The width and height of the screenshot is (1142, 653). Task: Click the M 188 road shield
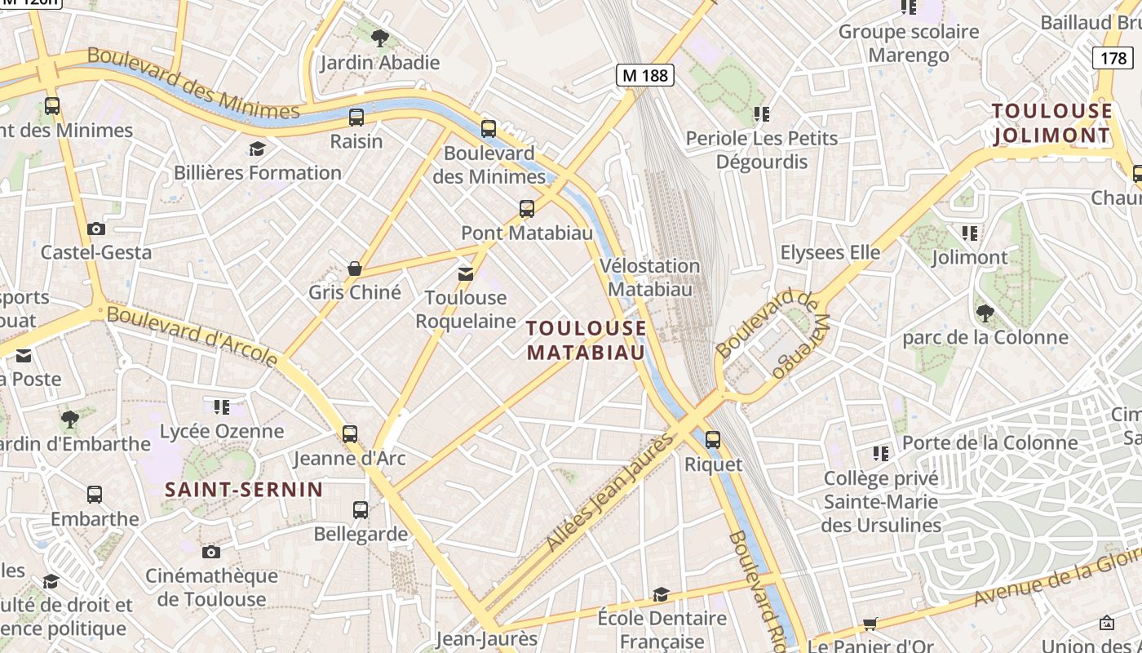[644, 76]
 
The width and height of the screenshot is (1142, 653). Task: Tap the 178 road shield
[1113, 58]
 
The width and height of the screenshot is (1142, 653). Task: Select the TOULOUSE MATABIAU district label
[586, 340]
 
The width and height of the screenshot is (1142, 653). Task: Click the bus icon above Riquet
[713, 440]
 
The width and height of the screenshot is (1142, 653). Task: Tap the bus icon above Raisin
[356, 118]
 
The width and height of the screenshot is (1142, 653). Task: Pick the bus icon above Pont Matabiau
[527, 209]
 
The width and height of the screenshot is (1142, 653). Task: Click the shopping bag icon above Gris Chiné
[355, 269]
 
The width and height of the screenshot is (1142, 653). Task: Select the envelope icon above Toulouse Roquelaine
[466, 274]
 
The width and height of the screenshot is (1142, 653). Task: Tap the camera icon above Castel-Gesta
[96, 229]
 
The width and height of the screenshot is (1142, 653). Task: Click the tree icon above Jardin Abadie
[379, 38]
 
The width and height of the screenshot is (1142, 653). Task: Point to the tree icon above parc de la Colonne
[985, 313]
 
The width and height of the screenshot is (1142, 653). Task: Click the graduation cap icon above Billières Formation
[258, 149]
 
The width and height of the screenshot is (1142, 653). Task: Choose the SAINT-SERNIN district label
[244, 490]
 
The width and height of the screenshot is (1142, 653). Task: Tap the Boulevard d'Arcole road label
[192, 335]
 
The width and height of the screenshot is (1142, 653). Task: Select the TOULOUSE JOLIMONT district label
[1051, 122]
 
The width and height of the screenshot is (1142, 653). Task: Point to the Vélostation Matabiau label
[649, 278]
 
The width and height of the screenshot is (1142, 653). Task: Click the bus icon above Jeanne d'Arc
[350, 434]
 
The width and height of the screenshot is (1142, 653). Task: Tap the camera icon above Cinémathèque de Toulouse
[211, 553]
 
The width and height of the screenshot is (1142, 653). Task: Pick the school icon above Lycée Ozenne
[222, 406]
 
